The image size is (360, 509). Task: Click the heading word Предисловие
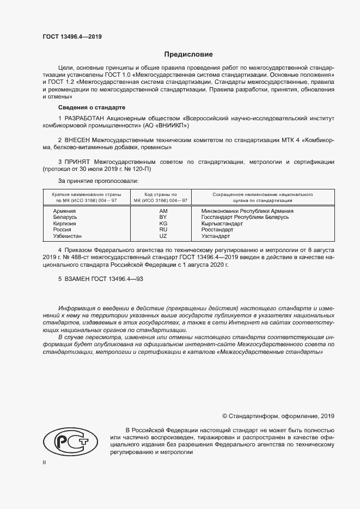(x=189, y=54)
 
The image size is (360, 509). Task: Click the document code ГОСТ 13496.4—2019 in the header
(x=72, y=37)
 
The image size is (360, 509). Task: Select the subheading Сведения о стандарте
(x=91, y=107)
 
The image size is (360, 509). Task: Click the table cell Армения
(x=64, y=211)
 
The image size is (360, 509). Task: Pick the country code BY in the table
(x=163, y=217)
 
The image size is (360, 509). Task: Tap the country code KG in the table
(x=163, y=224)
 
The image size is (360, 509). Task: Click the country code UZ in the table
(x=163, y=236)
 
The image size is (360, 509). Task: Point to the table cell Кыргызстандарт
(x=222, y=224)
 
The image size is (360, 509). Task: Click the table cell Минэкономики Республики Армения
(x=247, y=211)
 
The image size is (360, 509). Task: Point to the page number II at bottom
(x=45, y=462)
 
